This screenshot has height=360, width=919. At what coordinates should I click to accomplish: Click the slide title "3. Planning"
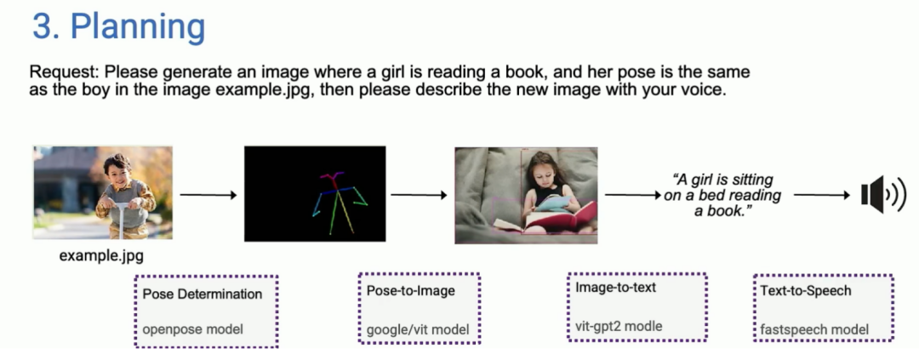[x=118, y=27]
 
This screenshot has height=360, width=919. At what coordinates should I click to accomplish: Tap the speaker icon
[x=883, y=195]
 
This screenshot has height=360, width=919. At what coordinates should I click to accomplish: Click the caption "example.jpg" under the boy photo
[x=101, y=255]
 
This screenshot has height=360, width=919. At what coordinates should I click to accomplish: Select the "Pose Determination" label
[x=203, y=294]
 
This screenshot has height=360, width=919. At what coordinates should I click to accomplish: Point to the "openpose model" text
[x=192, y=329]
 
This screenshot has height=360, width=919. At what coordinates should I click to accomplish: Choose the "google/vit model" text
[x=418, y=329]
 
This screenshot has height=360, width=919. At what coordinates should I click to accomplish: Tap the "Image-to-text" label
[x=615, y=288]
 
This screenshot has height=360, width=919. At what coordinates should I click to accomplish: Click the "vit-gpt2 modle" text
[x=619, y=326]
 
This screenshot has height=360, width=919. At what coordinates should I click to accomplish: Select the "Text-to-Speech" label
[x=806, y=290]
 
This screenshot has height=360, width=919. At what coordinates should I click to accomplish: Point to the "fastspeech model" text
[x=814, y=329]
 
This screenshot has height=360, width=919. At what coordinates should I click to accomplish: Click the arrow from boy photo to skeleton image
[x=208, y=195]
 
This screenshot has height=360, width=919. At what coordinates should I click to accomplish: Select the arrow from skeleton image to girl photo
[x=419, y=195]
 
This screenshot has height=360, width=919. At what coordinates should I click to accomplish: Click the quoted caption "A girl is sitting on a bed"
[x=722, y=187]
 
